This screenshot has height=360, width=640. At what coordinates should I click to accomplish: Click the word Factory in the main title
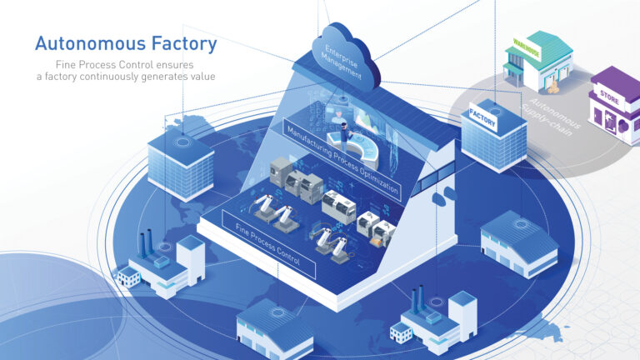178,43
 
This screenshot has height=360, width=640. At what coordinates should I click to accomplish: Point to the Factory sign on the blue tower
482,117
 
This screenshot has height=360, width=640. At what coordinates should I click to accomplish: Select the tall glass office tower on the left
180,164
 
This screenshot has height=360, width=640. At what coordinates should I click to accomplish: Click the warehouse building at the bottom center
274,329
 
